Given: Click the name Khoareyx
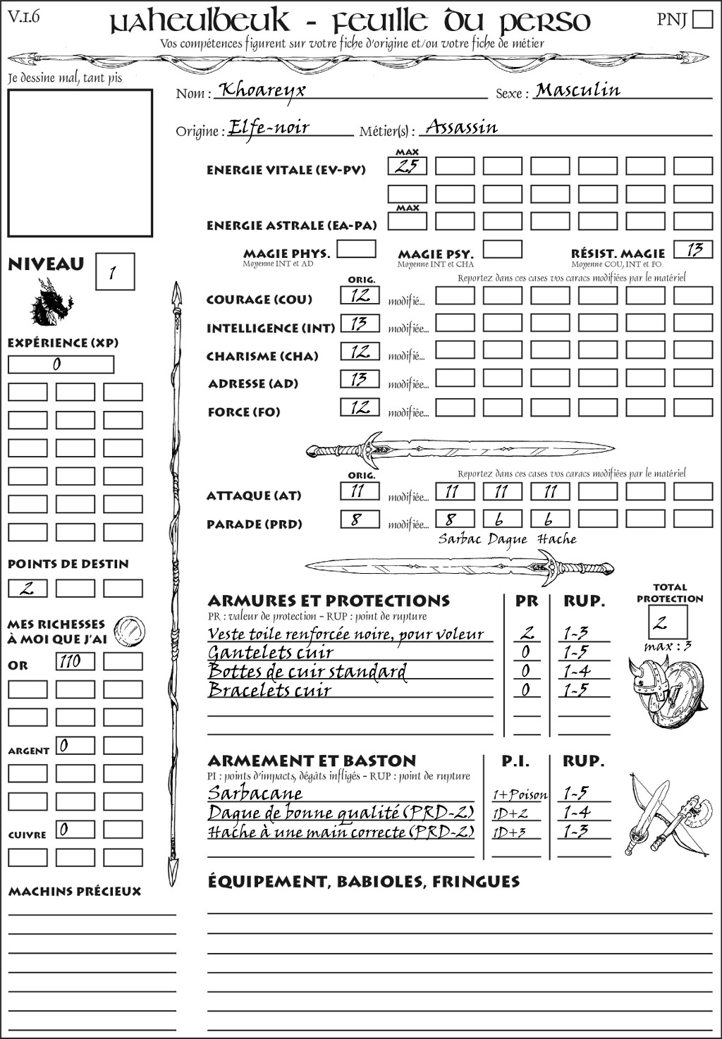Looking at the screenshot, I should (x=262, y=90).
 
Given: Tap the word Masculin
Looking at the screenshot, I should (x=577, y=90).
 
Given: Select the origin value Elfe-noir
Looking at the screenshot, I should (x=269, y=128).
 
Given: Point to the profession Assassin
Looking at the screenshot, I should (x=462, y=127).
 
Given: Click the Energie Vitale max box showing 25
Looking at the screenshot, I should (x=407, y=166).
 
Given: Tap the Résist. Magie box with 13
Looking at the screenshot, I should (x=693, y=249).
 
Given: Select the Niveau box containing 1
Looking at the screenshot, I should (x=114, y=272).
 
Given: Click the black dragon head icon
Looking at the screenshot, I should (x=51, y=303).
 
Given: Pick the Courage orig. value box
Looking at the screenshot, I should (x=360, y=295).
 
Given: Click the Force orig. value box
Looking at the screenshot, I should (x=360, y=407).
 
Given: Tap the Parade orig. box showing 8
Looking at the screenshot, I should (x=360, y=519).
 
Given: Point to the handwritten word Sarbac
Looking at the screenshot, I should (x=460, y=539).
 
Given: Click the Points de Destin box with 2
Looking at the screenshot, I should (x=27, y=588).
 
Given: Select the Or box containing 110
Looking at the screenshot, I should (x=75, y=661).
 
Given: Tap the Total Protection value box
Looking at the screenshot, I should (x=668, y=622).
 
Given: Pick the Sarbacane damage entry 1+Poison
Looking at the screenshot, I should (x=519, y=794).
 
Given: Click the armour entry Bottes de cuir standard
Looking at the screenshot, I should (x=307, y=671).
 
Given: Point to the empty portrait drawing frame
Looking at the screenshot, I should (x=80, y=163).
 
